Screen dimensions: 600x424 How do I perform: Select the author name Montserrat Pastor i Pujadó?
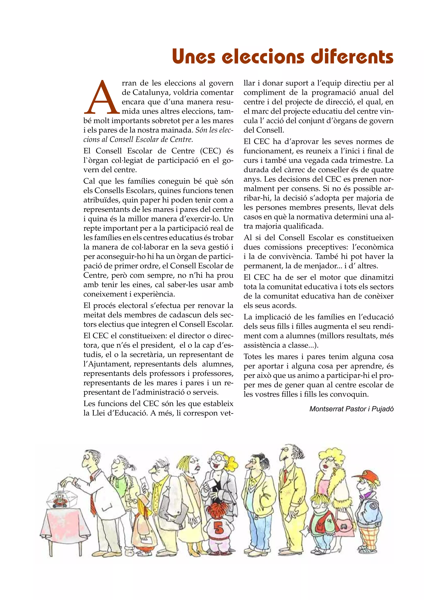click(x=351, y=409)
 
